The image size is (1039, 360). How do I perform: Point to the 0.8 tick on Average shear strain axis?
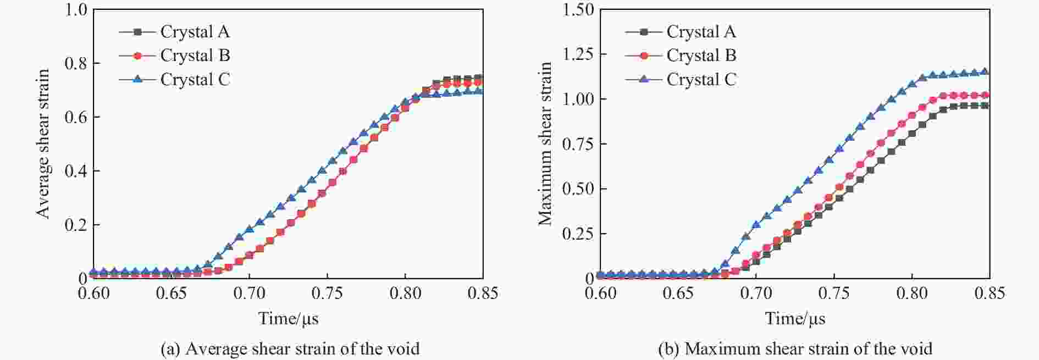[x=76, y=63]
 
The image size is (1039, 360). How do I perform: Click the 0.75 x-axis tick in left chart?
[x=327, y=293]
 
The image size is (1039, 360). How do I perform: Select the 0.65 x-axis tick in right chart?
[x=678, y=293]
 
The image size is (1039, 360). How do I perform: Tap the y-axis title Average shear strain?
[x=43, y=143]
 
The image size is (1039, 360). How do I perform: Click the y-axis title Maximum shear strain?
[x=545, y=143]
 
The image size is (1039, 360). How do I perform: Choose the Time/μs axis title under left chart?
[x=289, y=318]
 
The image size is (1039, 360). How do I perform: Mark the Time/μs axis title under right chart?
[x=795, y=318]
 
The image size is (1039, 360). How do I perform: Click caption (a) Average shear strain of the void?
[x=290, y=349]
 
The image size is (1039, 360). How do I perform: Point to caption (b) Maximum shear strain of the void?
[x=795, y=349]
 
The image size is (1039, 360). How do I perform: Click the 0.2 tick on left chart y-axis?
[x=76, y=225]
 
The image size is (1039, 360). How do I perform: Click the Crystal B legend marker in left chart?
[x=137, y=56]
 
